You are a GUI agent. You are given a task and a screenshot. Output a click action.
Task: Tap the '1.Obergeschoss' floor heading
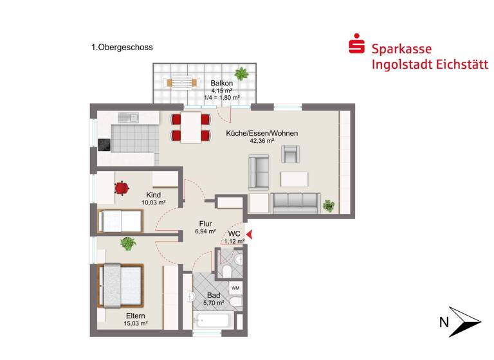[x=122, y=47]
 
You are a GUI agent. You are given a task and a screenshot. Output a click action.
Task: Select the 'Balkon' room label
[x=221, y=83]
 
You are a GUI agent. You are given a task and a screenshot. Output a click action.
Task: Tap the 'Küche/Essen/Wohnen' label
[x=262, y=134]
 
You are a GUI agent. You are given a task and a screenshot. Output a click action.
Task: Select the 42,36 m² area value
[x=262, y=141]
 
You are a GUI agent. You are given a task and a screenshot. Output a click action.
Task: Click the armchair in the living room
[x=291, y=154]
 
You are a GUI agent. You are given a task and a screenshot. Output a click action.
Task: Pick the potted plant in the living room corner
[x=329, y=206]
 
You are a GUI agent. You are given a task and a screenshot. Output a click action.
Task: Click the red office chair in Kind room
[x=121, y=187]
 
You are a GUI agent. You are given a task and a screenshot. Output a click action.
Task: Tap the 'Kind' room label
[x=153, y=195]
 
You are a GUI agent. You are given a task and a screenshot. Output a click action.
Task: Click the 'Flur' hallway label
[x=206, y=224]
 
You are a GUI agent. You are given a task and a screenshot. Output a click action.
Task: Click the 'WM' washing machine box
[x=235, y=287]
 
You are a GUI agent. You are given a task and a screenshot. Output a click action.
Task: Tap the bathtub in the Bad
[x=214, y=319]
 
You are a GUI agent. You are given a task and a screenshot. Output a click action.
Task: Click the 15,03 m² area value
[x=136, y=323]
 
